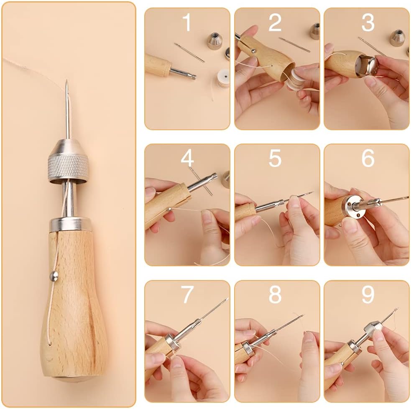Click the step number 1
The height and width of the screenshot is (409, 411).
pos(187,23)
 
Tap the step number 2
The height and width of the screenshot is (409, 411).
pos(275,23)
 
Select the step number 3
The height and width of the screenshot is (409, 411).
pos(368,23)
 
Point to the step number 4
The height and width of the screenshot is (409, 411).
pos(187,159)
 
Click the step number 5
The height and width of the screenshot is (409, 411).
pos(275,159)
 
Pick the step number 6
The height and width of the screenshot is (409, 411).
pos(368,159)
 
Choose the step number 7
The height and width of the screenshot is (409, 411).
pos(187,295)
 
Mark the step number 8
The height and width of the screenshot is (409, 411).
pos(275,295)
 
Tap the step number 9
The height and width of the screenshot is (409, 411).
pos(368,295)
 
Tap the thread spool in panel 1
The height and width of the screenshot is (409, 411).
pos(223,78)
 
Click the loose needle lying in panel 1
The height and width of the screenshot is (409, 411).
pos(189,53)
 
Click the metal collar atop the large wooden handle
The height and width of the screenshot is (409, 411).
pos(70,224)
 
